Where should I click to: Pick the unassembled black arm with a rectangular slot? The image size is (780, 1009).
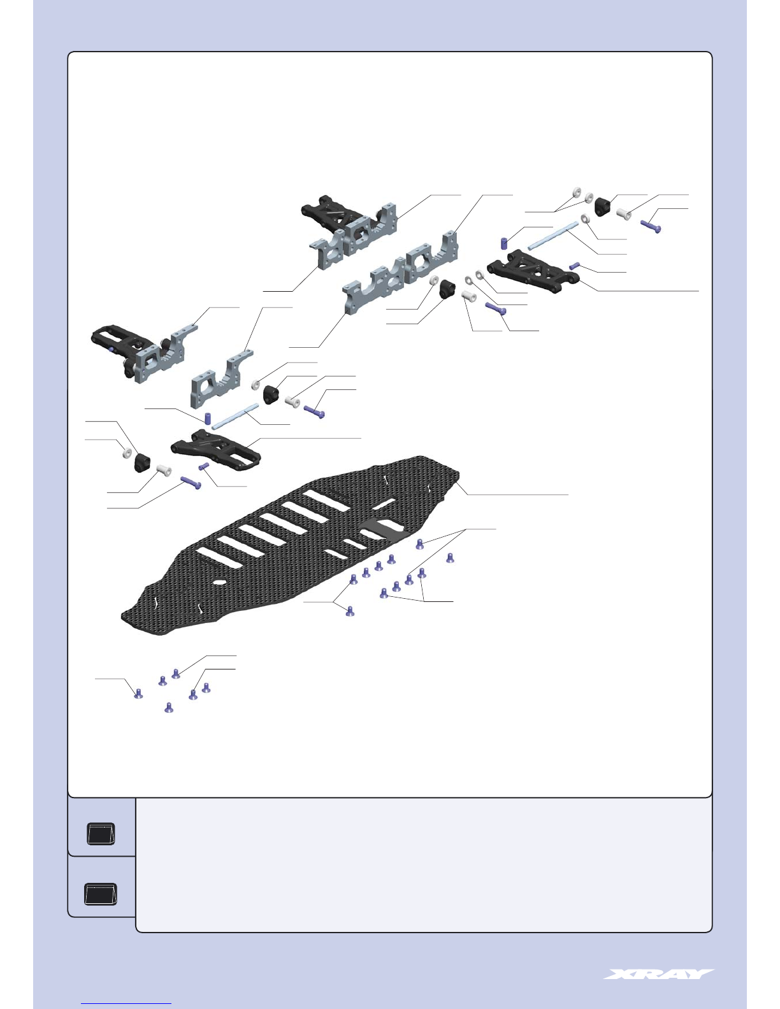216,450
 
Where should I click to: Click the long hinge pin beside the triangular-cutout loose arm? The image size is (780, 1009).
553,236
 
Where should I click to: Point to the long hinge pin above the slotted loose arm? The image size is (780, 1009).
235,417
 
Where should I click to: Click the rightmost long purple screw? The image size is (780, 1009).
651,226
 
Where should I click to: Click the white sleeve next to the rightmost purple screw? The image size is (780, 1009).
623,213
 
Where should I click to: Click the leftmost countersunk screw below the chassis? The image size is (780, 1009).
138,694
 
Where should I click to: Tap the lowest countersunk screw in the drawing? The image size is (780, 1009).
169,708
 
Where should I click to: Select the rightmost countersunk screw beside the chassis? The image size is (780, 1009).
450,557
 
